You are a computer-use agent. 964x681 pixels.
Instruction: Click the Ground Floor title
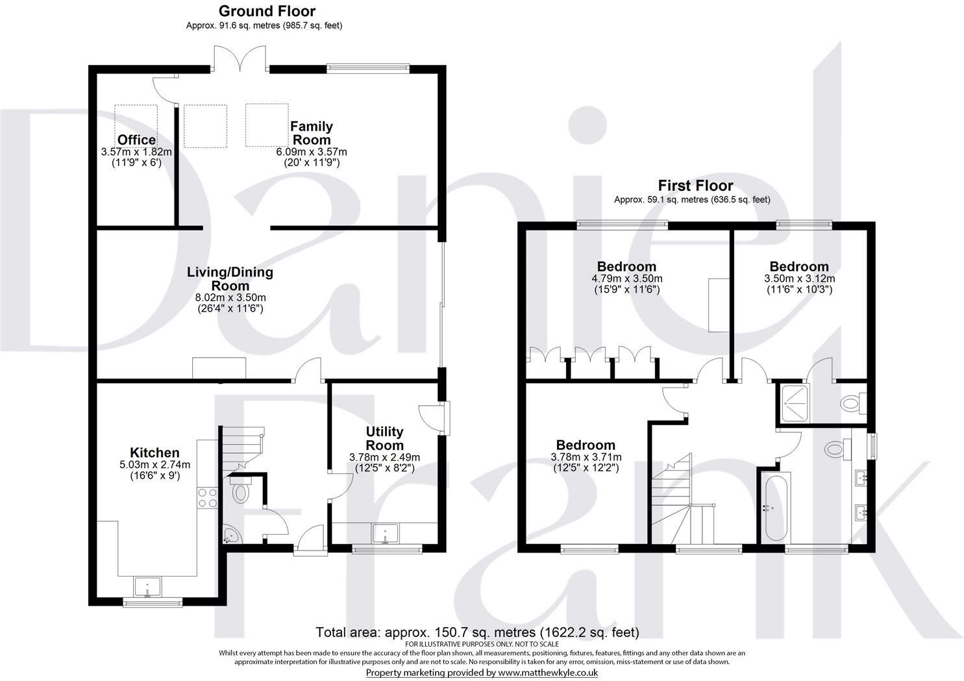[x=267, y=11]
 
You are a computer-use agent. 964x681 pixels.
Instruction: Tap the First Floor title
[x=695, y=185]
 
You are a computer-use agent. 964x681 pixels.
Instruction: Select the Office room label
[x=136, y=140]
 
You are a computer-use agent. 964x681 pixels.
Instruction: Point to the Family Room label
[x=312, y=133]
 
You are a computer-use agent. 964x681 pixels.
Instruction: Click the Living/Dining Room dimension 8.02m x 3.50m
[x=231, y=297]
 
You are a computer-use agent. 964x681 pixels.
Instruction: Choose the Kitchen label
[x=154, y=452]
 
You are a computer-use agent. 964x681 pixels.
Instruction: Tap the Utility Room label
[x=384, y=438]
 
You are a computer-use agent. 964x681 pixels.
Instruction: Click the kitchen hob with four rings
[x=207, y=497]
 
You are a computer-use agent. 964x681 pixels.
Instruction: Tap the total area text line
[x=477, y=632]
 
